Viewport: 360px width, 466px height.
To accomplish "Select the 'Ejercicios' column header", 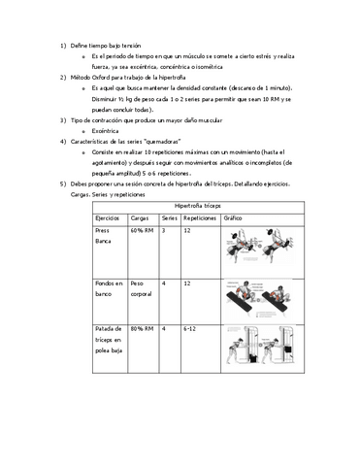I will (110, 219).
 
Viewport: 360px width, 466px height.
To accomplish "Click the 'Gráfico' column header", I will (233, 219).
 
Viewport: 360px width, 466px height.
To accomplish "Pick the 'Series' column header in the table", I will (169, 219).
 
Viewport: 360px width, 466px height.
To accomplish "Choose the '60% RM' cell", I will (142, 231).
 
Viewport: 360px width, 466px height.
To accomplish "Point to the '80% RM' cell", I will (142, 330).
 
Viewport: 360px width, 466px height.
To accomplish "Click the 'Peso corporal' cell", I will (142, 285).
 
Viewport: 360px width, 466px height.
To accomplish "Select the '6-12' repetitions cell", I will (190, 330).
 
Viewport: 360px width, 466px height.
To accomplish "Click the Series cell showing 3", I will (164, 231).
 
